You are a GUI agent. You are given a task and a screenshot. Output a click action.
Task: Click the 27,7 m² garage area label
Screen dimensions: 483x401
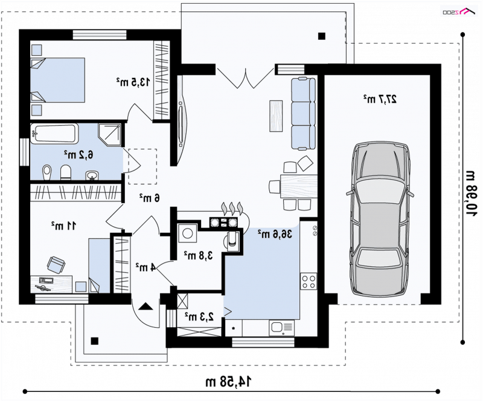click(x=380, y=99)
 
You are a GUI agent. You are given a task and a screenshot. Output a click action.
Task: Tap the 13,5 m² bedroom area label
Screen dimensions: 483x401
click(x=133, y=82)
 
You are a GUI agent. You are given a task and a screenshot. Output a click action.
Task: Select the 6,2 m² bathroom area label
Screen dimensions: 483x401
click(x=78, y=154)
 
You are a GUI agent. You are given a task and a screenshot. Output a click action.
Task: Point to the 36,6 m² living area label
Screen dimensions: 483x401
click(x=275, y=234)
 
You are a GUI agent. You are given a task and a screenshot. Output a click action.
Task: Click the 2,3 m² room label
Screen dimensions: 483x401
click(x=199, y=316)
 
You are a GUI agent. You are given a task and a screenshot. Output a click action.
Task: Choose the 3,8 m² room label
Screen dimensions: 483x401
click(x=199, y=255)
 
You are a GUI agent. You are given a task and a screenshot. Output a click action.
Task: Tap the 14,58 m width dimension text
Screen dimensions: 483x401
click(x=228, y=382)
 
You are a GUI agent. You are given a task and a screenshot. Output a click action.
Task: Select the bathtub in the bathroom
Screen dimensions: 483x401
click(x=54, y=133)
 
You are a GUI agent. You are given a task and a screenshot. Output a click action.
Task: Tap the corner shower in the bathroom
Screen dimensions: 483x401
click(x=110, y=135)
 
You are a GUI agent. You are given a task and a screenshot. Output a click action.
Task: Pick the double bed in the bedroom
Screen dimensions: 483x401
click(x=57, y=80)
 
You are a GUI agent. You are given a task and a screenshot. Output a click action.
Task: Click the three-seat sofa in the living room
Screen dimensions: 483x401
click(x=304, y=114)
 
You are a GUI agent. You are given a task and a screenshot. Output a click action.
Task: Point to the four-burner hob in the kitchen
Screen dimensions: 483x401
click(x=309, y=281)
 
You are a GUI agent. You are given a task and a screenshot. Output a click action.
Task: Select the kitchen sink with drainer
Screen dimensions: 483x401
click(x=281, y=328)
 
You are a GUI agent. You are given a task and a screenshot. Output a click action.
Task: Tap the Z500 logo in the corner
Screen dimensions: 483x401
click(x=459, y=11)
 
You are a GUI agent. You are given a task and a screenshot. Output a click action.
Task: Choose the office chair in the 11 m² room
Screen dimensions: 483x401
click(x=56, y=264)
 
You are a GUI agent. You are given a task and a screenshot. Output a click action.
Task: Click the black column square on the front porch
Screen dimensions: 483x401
click(x=94, y=341)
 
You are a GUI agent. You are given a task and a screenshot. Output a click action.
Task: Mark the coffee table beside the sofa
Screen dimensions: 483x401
click(x=276, y=116)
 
